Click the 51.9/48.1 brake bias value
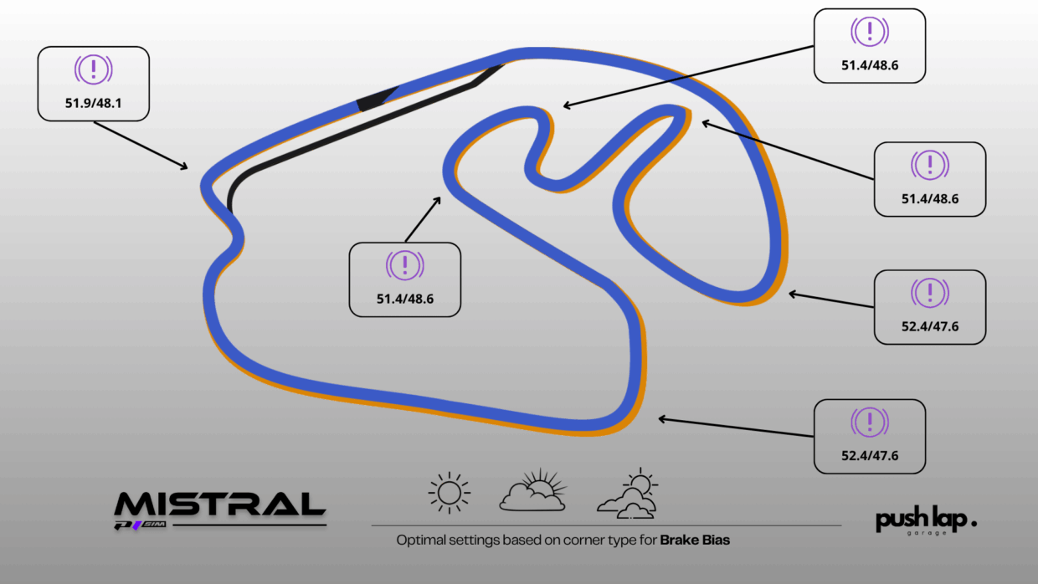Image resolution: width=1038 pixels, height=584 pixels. coord(93,103)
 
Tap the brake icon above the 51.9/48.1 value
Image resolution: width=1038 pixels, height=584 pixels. coord(93,69)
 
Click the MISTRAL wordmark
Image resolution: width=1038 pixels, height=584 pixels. coord(219,505)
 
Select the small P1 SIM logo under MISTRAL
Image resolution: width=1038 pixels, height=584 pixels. coord(141,525)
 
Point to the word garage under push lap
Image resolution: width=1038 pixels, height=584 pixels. coord(927,533)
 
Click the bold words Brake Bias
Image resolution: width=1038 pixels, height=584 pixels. coord(695,540)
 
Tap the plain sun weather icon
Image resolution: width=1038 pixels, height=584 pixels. coord(449,493)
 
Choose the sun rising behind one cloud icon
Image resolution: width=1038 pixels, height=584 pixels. coord(533,490)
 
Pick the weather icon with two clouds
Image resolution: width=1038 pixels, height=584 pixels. coord(628,494)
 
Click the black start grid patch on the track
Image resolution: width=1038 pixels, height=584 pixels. coord(377,99)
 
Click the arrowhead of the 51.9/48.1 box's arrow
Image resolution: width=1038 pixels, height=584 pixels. coord(184,166)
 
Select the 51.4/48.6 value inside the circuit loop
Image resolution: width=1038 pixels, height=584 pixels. coord(405,299)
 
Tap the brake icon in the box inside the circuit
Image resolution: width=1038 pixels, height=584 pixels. coord(405,265)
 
